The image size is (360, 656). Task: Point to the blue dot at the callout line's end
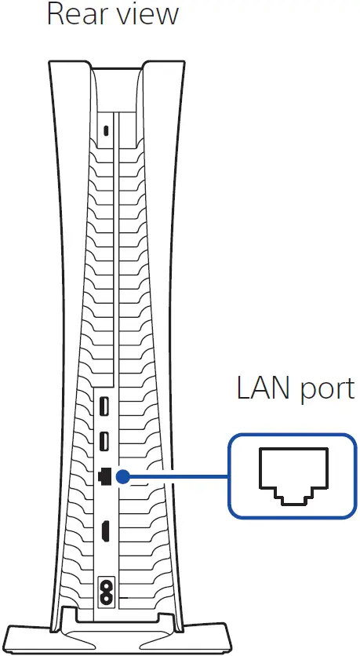[124, 476]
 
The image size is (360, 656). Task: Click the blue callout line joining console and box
[176, 476]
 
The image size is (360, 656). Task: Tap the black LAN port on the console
[104, 476]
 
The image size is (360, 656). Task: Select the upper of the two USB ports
[104, 408]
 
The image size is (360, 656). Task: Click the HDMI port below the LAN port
[104, 533]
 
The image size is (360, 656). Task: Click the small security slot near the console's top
[106, 131]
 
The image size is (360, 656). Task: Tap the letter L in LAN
[242, 389]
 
